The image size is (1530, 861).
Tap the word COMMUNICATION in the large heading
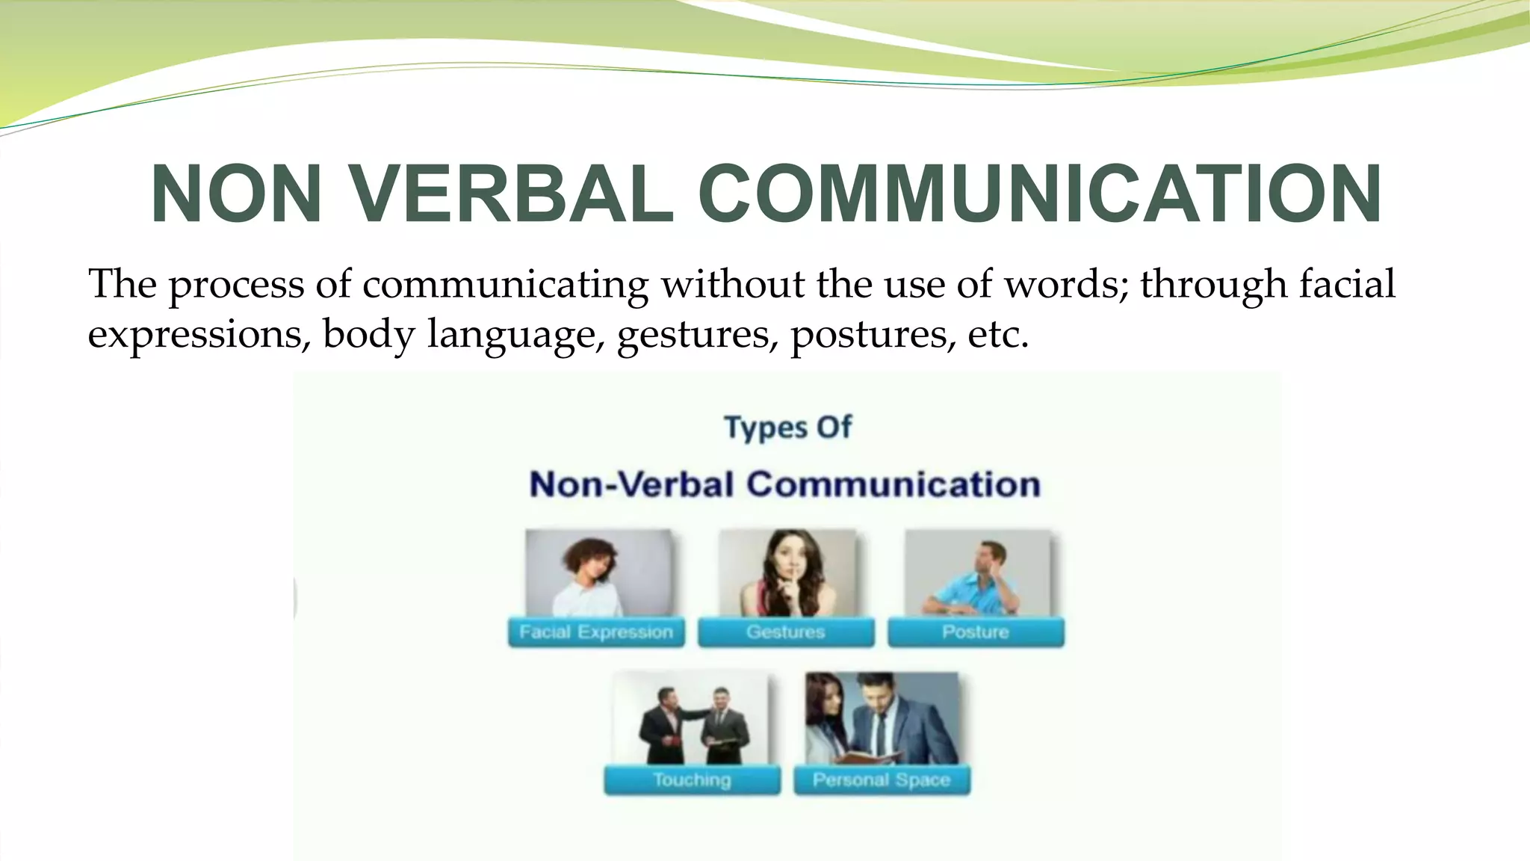[1039, 194]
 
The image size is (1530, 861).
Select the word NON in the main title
[236, 194]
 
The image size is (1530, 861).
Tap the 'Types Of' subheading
[787, 428]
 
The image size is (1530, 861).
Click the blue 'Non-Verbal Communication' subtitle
[784, 484]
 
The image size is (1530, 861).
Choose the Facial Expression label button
[596, 632]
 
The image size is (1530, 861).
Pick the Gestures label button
[786, 632]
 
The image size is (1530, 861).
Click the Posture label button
[976, 632]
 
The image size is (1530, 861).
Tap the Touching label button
[692, 780]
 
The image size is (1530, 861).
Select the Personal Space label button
[882, 780]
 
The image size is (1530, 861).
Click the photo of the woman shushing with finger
[787, 573]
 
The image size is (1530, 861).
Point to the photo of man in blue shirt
[977, 573]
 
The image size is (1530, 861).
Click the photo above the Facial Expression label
[598, 573]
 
